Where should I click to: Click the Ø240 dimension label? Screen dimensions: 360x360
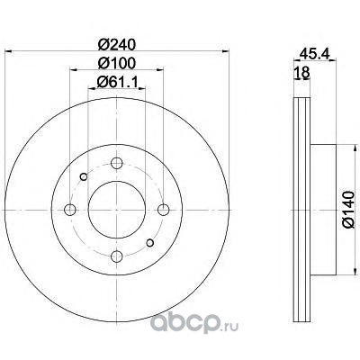[117, 45]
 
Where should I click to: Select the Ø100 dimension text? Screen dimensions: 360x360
[117, 63]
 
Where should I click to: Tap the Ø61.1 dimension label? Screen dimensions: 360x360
[117, 82]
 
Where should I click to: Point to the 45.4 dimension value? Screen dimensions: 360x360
[315, 54]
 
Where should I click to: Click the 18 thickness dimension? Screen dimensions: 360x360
[301, 72]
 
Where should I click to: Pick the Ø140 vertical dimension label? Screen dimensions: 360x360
[348, 210]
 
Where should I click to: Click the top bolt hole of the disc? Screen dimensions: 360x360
[117, 163]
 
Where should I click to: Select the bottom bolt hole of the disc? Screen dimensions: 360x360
[117, 256]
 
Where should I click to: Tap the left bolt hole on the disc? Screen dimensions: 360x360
[70, 210]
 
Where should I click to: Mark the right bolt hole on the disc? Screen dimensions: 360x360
[164, 210]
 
